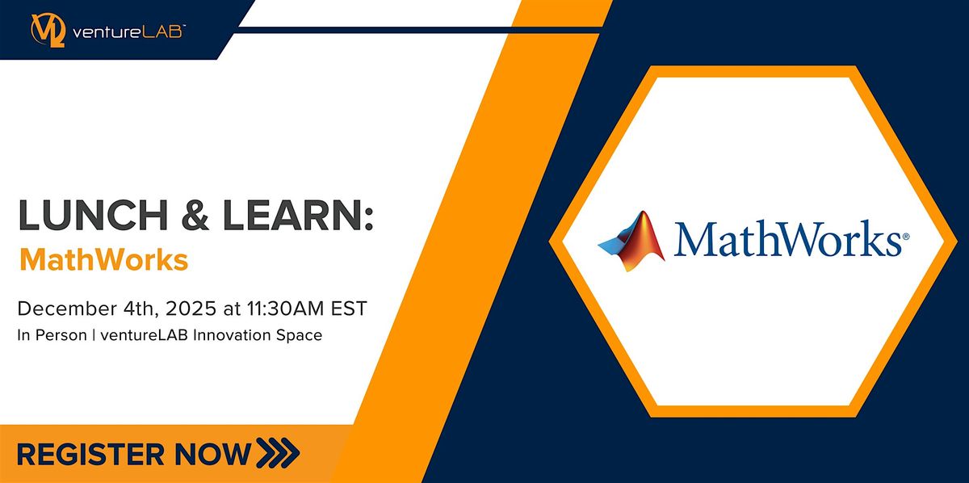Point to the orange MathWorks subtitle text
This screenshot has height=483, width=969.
(x=104, y=260)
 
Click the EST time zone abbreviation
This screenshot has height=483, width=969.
(x=350, y=309)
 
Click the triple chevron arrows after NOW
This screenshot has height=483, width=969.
(x=275, y=452)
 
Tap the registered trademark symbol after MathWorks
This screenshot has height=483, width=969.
(x=904, y=238)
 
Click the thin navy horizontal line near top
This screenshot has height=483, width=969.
(x=420, y=30)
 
